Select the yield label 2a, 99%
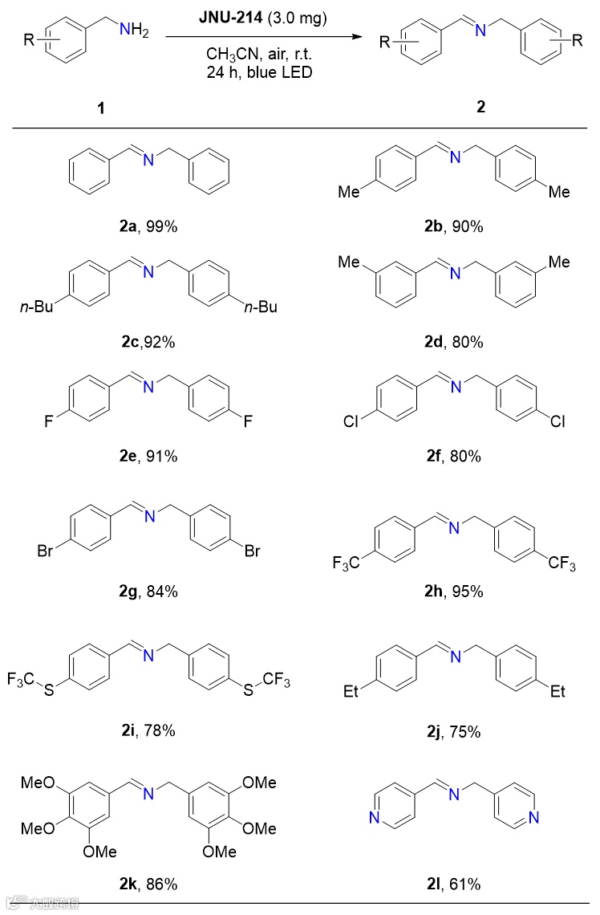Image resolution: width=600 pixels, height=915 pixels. pos(148,227)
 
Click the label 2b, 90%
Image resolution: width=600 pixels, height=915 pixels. pos(455,227)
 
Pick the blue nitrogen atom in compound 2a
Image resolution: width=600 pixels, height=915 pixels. pos(148,161)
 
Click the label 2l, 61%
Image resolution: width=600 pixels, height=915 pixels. pos(455,885)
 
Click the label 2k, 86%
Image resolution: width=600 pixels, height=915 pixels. pos(148,885)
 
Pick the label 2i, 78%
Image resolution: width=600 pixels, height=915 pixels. pos(148,730)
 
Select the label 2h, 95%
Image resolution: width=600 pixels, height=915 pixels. pos(455,592)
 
